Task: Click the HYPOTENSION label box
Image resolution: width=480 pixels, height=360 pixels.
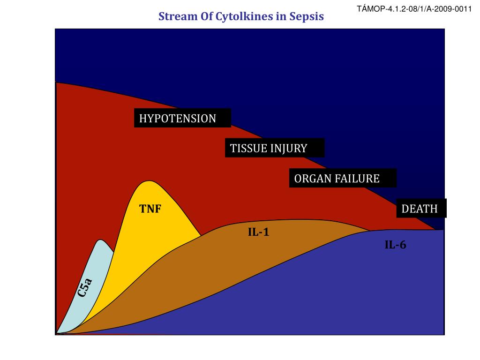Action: [x=183, y=119]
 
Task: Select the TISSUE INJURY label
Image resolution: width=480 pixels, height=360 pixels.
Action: [x=274, y=149]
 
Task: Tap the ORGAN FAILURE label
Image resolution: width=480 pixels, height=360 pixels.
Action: [x=342, y=179]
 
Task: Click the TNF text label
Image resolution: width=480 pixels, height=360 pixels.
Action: [x=150, y=209]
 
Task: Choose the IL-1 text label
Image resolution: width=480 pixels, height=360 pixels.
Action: [x=258, y=232]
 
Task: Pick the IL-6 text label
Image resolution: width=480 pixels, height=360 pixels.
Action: [x=395, y=244]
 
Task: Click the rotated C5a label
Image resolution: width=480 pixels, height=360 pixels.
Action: [x=85, y=287]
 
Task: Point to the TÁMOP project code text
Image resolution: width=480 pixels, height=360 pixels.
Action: [x=414, y=9]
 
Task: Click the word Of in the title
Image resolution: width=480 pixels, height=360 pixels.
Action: [x=205, y=16]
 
